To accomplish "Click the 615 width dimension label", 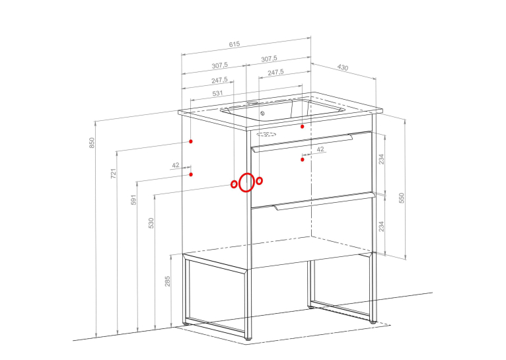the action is [235, 44].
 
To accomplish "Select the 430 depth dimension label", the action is [343, 67].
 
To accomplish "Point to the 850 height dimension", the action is [92, 143].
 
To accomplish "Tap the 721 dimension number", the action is [113, 173].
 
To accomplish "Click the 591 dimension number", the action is [133, 199].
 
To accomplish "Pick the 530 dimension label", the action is [151, 223].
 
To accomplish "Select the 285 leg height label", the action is [167, 281].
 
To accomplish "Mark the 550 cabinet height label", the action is [402, 198].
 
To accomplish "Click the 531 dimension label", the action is [218, 93].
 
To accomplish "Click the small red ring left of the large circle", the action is [234, 184].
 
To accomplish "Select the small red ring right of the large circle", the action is [259, 181].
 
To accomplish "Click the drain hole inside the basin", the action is [262, 113].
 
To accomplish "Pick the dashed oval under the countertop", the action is [266, 134].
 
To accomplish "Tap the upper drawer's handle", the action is [302, 143].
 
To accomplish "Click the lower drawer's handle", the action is [324, 201].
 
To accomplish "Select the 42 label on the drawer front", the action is [320, 149].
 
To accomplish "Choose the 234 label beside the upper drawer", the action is [381, 159].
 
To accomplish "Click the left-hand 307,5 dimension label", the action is [220, 65].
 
